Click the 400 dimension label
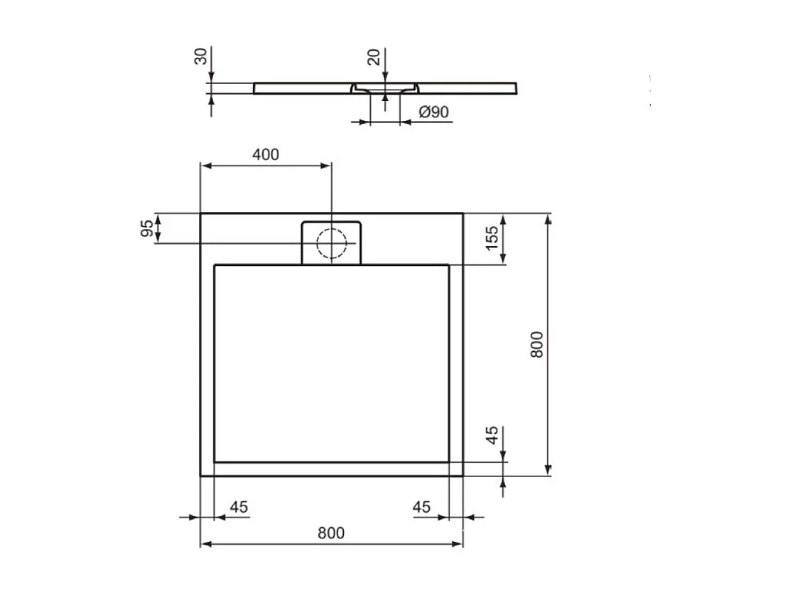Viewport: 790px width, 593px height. click(265, 154)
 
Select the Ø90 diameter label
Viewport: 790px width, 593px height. click(433, 112)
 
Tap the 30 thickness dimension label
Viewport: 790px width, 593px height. click(202, 57)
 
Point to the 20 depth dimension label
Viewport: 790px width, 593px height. click(374, 57)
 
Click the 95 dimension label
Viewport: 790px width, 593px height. click(146, 229)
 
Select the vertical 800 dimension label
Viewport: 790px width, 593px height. click(537, 344)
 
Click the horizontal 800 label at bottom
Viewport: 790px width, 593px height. click(331, 533)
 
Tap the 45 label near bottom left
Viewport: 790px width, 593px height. click(239, 507)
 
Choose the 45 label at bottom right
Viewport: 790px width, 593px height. click(421, 507)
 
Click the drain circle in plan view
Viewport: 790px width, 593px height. click(331, 243)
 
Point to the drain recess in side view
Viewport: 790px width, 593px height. click(384, 90)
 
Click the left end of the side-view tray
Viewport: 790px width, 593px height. click(256, 88)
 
